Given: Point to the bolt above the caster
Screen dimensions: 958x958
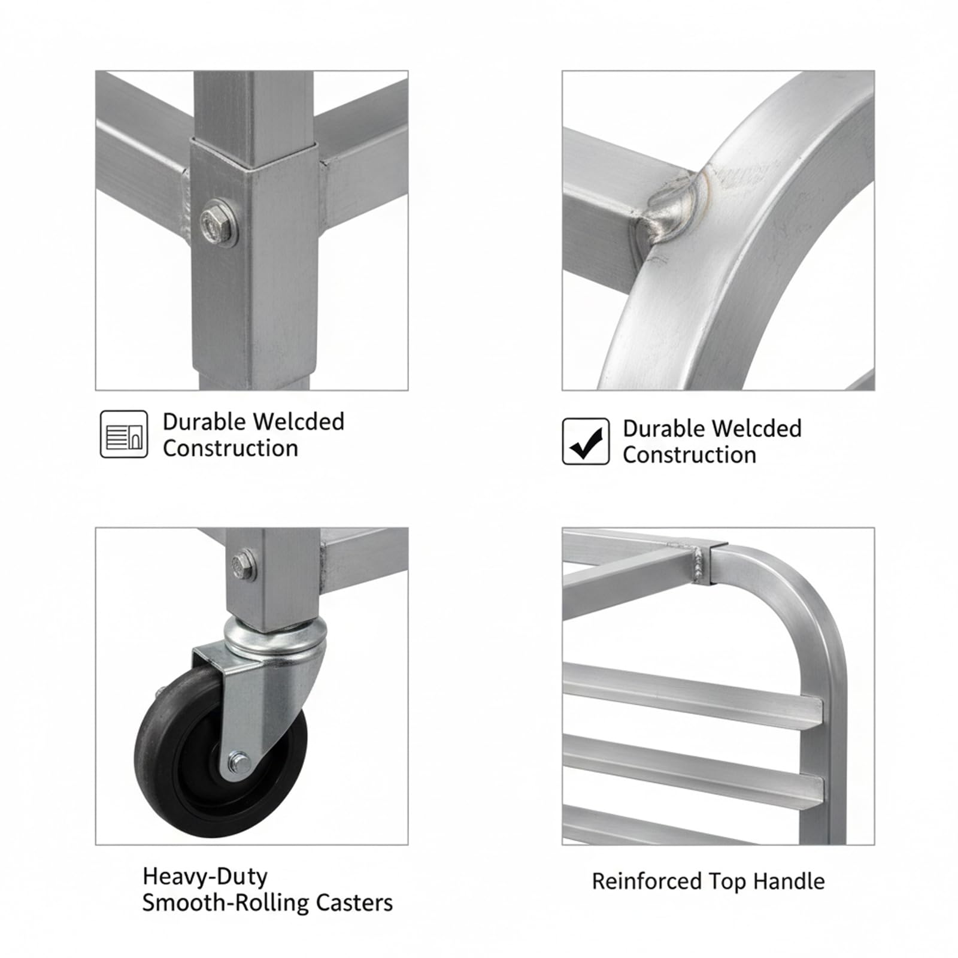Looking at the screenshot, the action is (244, 563).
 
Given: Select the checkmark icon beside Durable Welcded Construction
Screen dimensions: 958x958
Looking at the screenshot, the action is (586, 441).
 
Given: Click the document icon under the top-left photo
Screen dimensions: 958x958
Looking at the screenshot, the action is (124, 434).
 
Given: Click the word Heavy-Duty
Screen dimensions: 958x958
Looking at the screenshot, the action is (205, 877).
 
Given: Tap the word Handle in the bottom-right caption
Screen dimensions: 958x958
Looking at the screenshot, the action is (789, 881).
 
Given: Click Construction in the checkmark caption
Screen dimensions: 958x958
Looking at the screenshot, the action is (690, 455).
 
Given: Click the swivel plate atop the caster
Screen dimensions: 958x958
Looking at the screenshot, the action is (276, 637).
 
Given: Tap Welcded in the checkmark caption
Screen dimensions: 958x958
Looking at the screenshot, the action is (757, 429).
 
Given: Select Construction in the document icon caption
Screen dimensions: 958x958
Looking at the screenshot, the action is (231, 448).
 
